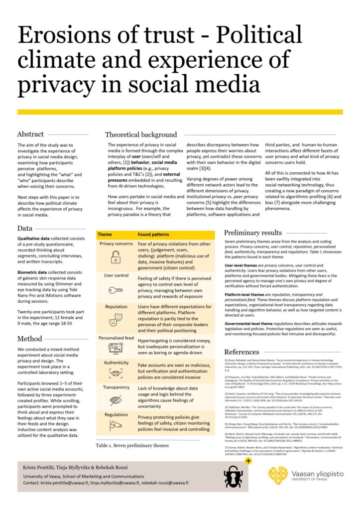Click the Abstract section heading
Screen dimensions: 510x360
30,134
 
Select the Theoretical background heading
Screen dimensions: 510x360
141,134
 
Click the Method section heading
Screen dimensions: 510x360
29,340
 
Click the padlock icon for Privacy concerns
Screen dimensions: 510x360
116,257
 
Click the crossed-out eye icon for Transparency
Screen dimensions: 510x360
116,401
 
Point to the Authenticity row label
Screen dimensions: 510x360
116,363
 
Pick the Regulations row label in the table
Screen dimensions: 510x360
116,414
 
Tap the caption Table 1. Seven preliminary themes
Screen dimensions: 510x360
132,445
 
